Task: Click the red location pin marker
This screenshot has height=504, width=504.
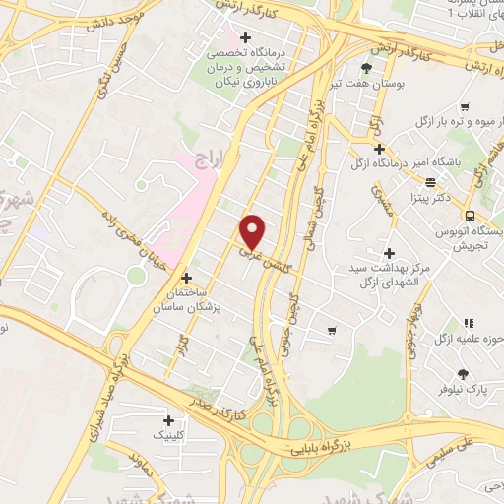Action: tap(253, 231)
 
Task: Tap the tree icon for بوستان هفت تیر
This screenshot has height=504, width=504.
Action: tap(366, 68)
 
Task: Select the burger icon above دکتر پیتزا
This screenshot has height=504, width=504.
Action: tap(430, 182)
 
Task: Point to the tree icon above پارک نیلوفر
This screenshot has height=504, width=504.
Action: tap(464, 373)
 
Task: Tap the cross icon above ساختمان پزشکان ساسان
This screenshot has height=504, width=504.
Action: tap(187, 279)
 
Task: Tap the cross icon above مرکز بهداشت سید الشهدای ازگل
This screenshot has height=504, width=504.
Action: tap(390, 253)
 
